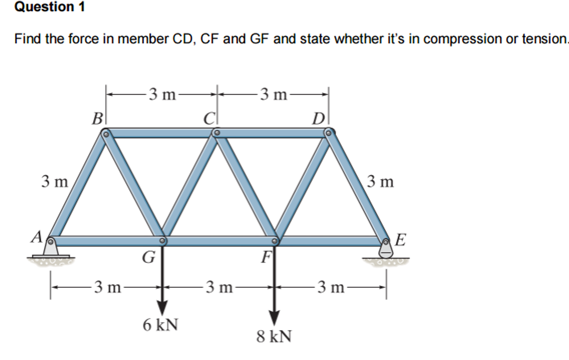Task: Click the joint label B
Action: click(97, 119)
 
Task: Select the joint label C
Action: click(209, 119)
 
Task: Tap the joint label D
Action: click(318, 119)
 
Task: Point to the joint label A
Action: click(37, 237)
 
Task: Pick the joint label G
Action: click(149, 257)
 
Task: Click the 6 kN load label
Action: click(160, 325)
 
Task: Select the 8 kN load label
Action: click(274, 336)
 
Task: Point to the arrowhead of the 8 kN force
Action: click(274, 318)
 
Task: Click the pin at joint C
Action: click(217, 133)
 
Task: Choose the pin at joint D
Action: click(328, 133)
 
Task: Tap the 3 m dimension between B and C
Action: click(162, 94)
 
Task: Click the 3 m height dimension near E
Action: click(380, 182)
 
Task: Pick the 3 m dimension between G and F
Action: click(219, 287)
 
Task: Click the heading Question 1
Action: click(50, 7)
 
